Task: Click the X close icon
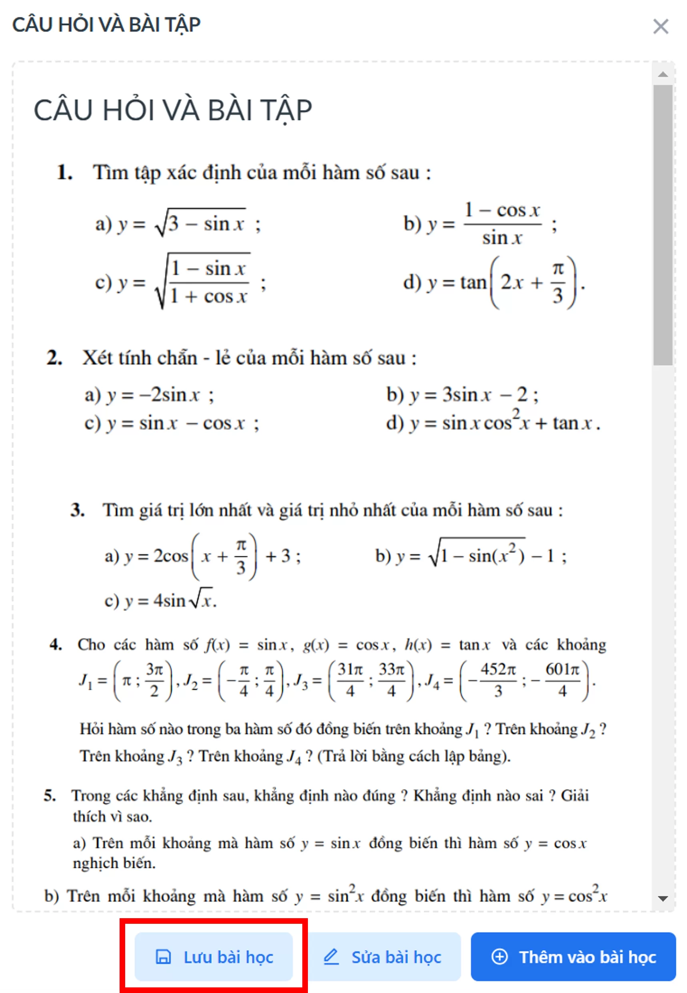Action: click(660, 26)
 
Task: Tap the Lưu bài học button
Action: click(214, 957)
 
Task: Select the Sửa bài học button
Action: click(383, 957)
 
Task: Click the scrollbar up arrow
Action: click(663, 74)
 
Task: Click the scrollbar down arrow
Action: click(663, 899)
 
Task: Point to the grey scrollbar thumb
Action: click(663, 224)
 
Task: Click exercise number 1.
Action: click(64, 173)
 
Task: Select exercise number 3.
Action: click(78, 510)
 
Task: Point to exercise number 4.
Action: click(56, 645)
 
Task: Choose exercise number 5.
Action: click(50, 795)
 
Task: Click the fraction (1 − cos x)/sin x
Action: click(502, 224)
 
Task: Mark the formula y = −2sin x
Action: click(148, 395)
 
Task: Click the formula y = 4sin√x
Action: click(160, 600)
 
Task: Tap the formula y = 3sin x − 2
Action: click(462, 395)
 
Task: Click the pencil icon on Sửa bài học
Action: click(331, 957)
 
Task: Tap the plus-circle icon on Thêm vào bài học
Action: click(499, 957)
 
